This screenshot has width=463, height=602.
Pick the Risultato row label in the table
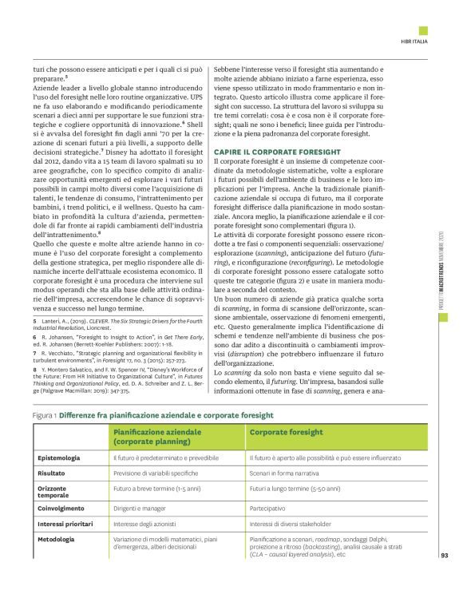tap(53, 473)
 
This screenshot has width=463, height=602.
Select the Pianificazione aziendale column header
tap(156, 435)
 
